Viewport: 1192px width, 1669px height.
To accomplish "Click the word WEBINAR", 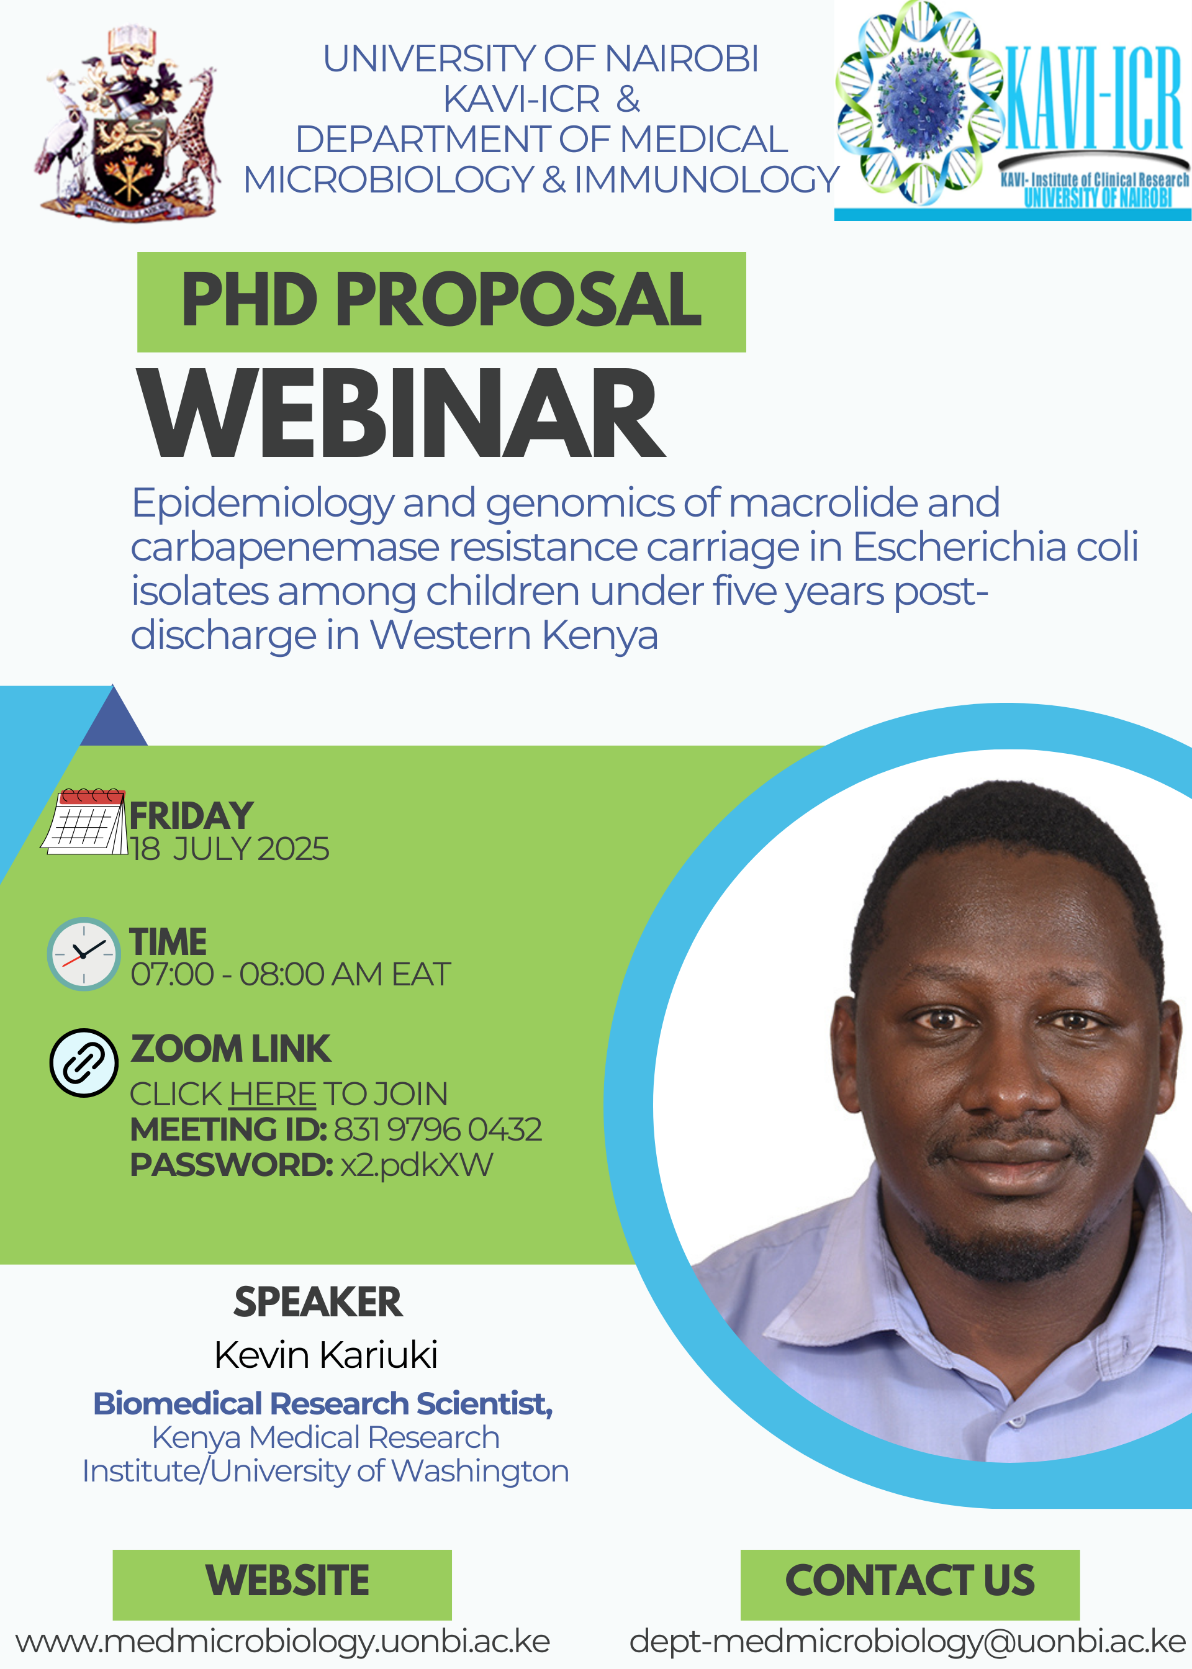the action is [402, 414].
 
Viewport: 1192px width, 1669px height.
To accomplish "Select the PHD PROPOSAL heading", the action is [441, 301].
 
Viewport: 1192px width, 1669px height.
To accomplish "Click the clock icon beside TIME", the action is [84, 954].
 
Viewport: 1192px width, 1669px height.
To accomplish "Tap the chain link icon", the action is [84, 1063].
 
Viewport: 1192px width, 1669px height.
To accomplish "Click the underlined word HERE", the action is [273, 1094].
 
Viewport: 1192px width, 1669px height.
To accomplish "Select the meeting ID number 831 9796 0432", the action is [438, 1129].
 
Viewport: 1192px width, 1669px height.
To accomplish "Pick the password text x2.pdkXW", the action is [417, 1165].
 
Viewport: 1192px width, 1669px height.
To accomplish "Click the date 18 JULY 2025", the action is [230, 849].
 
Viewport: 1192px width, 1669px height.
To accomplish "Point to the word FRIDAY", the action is [192, 815].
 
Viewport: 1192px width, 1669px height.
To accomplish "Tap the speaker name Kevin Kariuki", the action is [326, 1355].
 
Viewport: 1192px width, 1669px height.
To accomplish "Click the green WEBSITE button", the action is [282, 1585].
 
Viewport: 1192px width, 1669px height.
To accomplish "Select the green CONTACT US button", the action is [910, 1585].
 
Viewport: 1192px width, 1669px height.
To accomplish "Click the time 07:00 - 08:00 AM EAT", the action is [291, 975].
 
